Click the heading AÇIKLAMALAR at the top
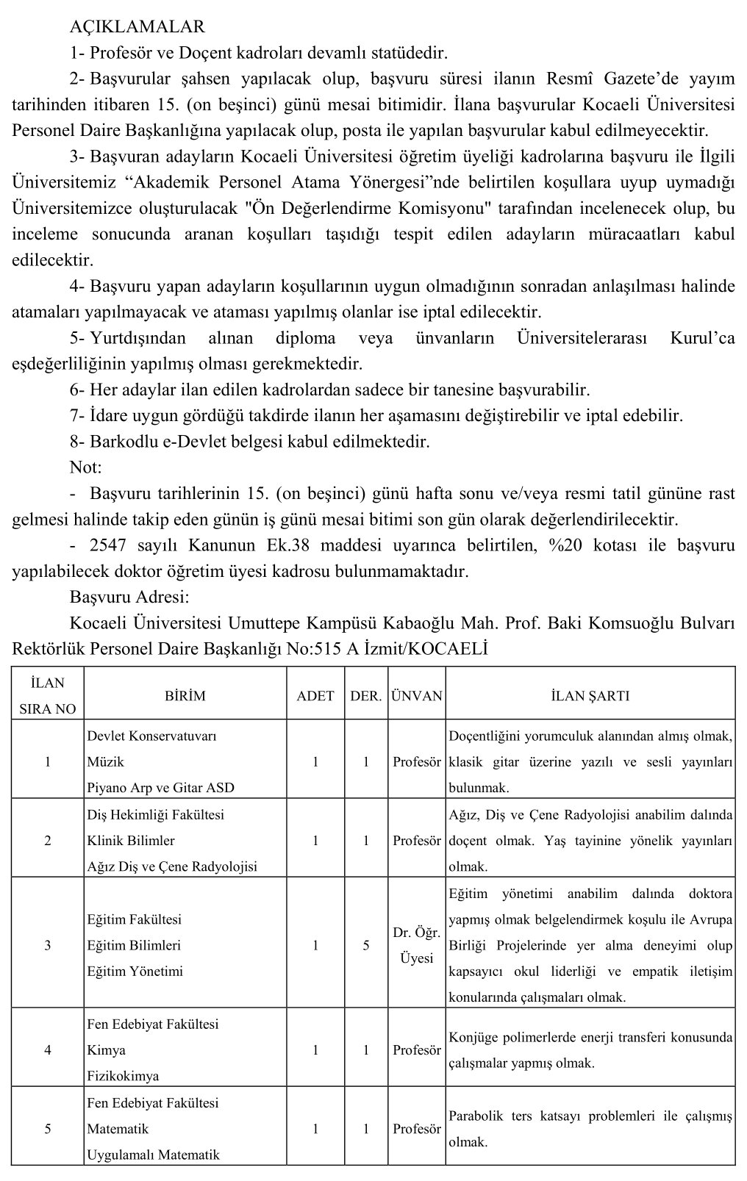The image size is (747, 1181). [137, 27]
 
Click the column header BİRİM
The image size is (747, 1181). [185, 695]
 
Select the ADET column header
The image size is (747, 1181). [315, 695]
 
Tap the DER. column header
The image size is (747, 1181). [365, 695]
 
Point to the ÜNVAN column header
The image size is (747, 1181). [417, 695]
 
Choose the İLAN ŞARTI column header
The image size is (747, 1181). [590, 695]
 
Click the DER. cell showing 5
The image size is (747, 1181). [365, 945]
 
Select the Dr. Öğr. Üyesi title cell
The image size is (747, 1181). [417, 945]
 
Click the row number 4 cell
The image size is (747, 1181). [48, 1049]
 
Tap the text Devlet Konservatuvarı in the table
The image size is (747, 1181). [151, 736]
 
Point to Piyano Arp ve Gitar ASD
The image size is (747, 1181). [160, 788]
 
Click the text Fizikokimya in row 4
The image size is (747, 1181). [123, 1076]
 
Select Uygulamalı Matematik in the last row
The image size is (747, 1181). [153, 1155]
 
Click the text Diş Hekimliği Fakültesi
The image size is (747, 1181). [156, 814]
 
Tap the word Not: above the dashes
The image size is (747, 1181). [85, 467]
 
